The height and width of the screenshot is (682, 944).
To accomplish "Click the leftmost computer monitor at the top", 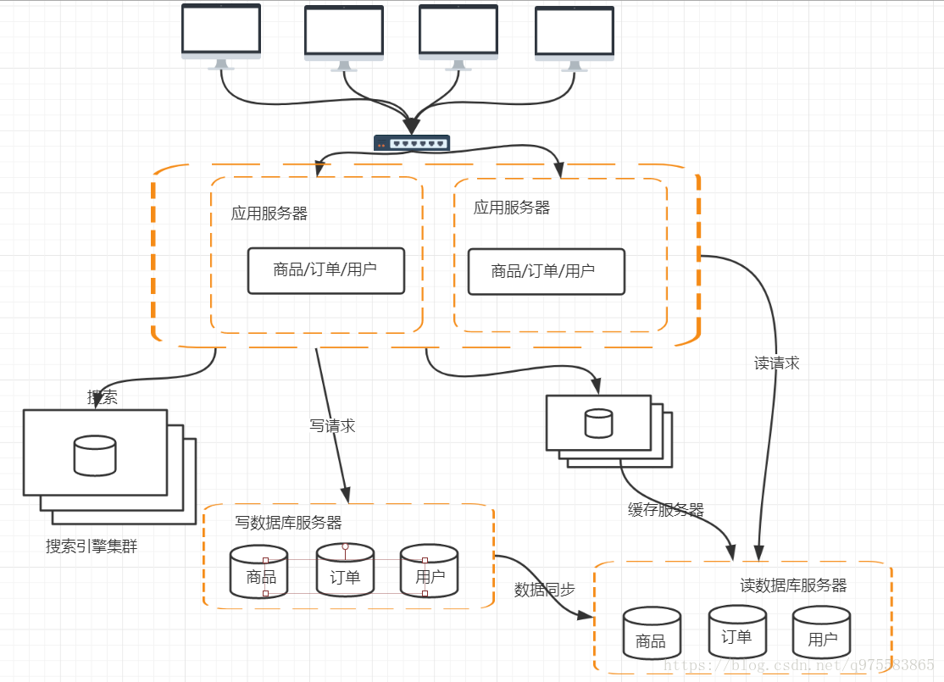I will (x=221, y=32).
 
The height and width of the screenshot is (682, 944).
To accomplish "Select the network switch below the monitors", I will (x=412, y=143).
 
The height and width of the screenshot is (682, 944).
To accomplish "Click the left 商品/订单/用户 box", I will (x=325, y=270).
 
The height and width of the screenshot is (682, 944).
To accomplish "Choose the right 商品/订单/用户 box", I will (x=546, y=271).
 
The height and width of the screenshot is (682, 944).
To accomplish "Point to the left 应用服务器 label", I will (x=269, y=213).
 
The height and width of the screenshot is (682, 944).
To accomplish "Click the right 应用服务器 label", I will (x=512, y=208).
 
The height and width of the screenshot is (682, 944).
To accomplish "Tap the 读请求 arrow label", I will (x=776, y=363).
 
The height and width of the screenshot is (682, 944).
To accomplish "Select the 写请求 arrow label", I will (x=332, y=426).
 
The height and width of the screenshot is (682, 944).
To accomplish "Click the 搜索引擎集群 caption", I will (x=92, y=546).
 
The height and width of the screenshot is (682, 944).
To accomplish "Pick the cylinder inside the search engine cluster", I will (x=95, y=455).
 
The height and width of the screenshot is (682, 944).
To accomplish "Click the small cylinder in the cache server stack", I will (x=598, y=424).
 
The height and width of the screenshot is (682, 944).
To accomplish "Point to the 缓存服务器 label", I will (x=665, y=510).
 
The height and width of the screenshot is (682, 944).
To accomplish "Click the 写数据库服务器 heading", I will (x=288, y=524).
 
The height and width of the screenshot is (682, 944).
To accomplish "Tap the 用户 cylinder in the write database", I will (x=429, y=571).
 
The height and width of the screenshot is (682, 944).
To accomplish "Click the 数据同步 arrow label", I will (x=544, y=590).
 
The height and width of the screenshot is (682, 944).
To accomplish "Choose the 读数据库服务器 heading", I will (x=793, y=585).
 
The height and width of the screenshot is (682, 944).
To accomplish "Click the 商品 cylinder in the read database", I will (x=652, y=633).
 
